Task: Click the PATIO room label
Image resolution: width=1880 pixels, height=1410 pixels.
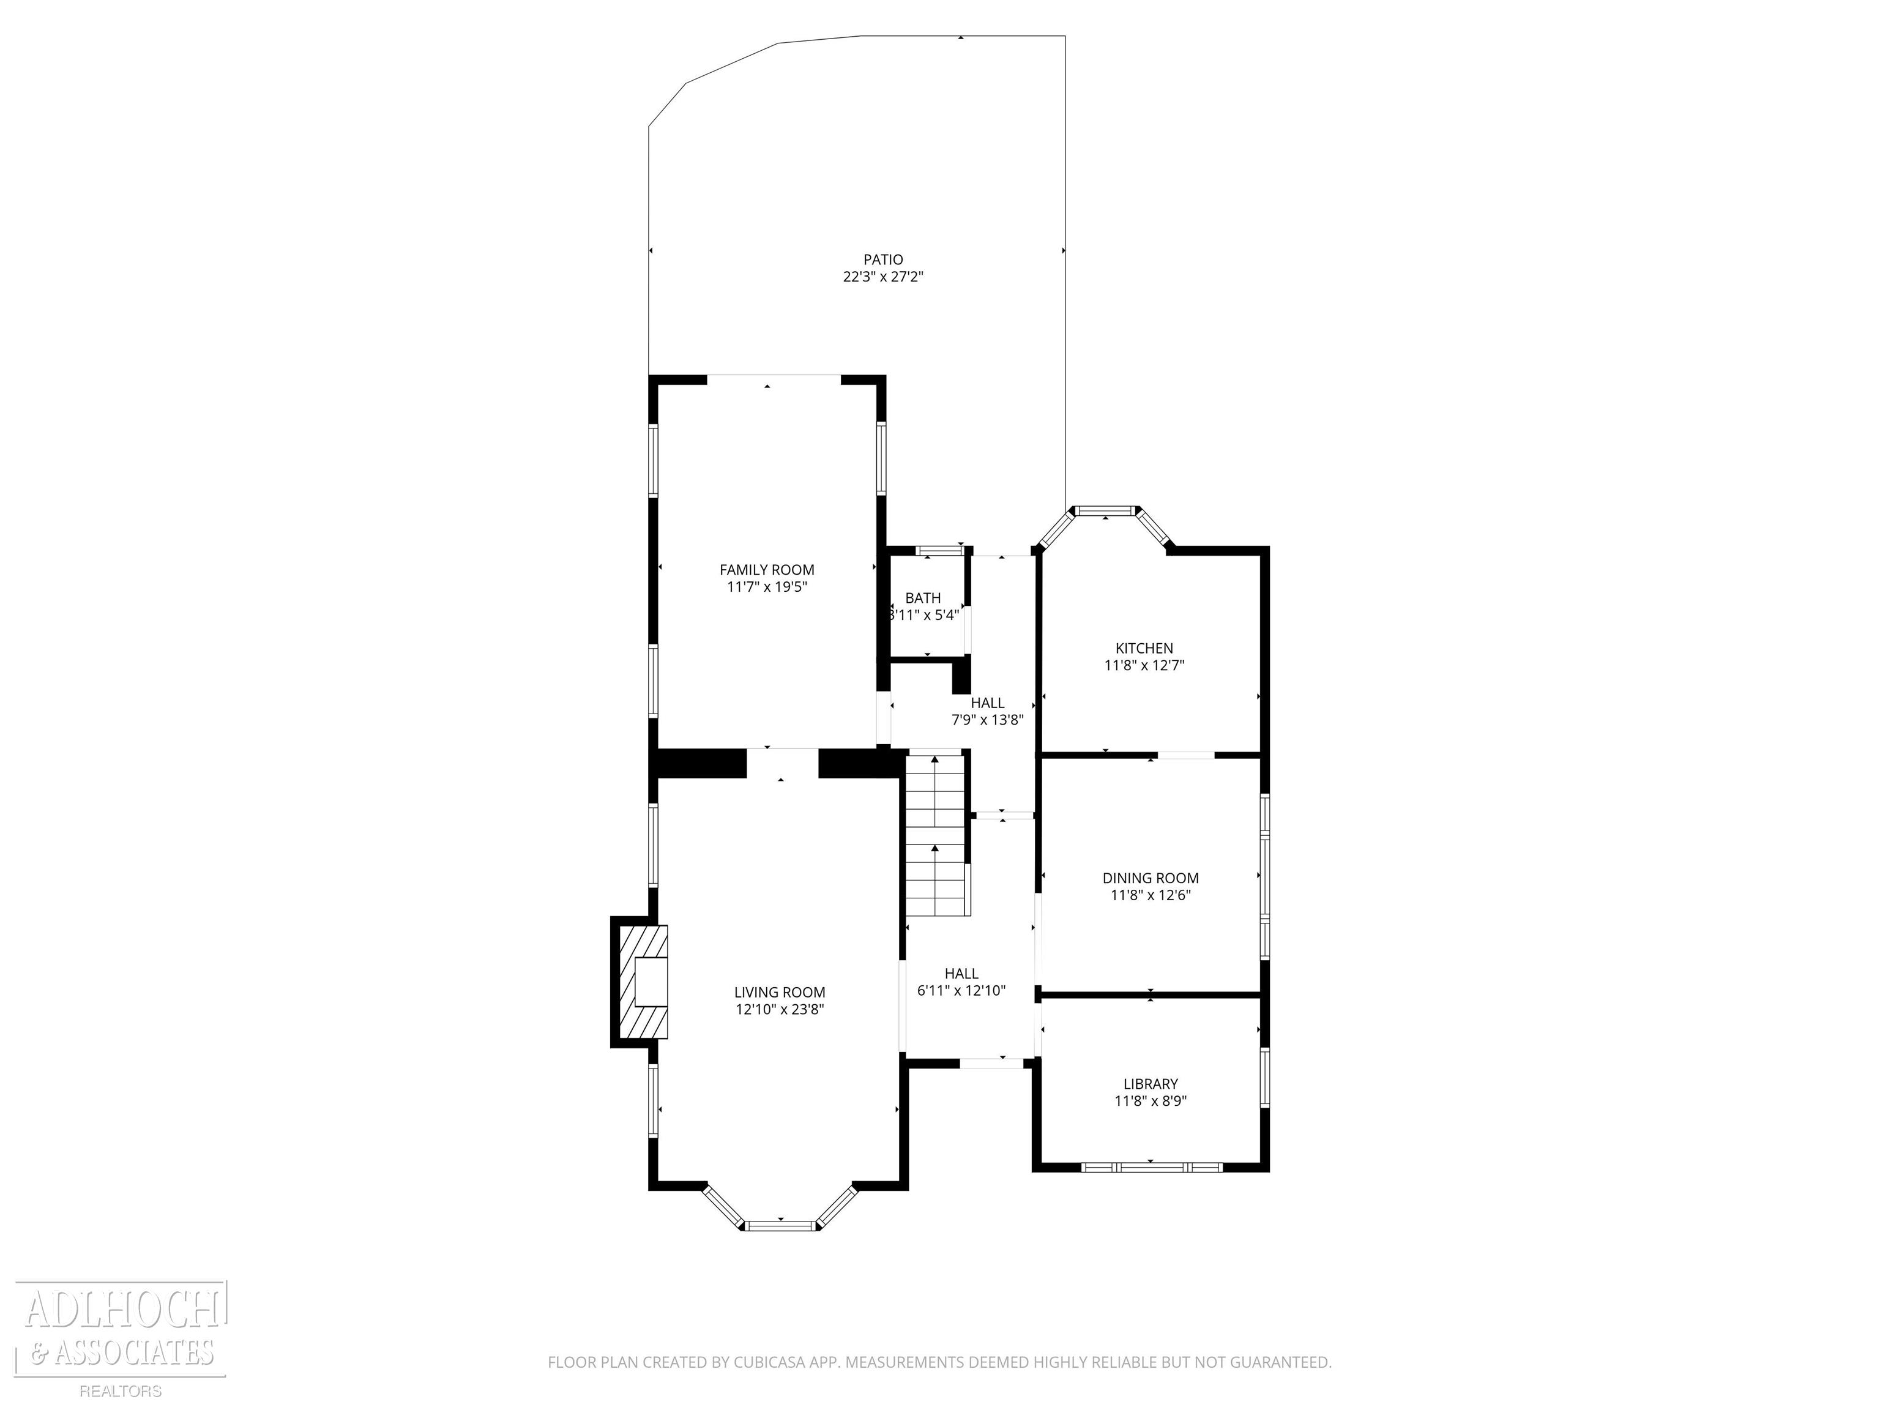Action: [883, 259]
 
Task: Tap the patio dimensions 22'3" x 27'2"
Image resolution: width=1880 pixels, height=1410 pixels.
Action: [883, 276]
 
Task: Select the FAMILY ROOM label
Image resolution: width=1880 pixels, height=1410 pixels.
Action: [767, 569]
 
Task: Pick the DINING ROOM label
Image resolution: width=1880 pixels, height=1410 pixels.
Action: [1151, 878]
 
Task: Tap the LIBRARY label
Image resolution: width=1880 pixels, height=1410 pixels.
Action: [1151, 1084]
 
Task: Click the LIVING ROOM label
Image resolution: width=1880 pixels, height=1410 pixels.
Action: [780, 992]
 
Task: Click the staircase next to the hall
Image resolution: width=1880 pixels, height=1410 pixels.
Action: [936, 835]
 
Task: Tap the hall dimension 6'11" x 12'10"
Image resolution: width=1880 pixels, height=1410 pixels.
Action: [961, 990]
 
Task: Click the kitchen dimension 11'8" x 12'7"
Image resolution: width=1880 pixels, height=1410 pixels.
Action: [1144, 665]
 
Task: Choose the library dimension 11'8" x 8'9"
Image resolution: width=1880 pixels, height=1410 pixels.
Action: [1151, 1100]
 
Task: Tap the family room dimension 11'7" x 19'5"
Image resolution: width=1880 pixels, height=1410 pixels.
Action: [767, 586]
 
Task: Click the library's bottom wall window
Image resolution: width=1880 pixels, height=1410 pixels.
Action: [1152, 1167]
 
